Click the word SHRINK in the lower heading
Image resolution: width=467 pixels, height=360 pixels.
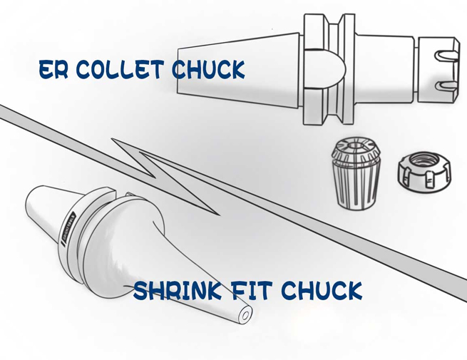[179, 290]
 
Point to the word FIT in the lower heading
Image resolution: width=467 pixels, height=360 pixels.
[250, 290]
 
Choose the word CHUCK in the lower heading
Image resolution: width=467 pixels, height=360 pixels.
[322, 290]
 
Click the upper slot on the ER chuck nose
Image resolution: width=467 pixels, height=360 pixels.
[446, 53]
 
